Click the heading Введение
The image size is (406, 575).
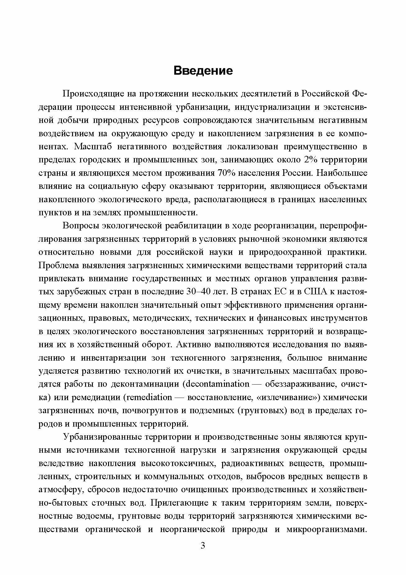[x=203, y=71]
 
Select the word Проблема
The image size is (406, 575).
[x=58, y=266]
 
